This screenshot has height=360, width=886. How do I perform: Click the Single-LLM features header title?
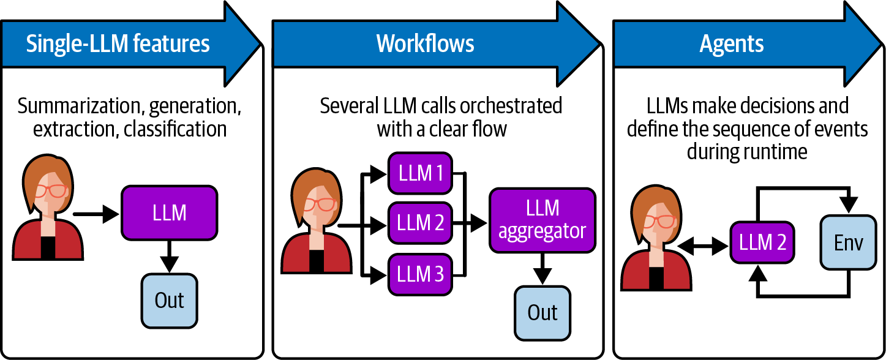pyautogui.click(x=118, y=44)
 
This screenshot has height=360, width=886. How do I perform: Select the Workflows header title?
pyautogui.click(x=425, y=44)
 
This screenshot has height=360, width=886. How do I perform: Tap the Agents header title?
pyautogui.click(x=732, y=44)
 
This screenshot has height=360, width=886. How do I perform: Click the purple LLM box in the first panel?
pyautogui.click(x=170, y=212)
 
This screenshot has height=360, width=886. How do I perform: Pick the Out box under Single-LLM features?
pyautogui.click(x=170, y=301)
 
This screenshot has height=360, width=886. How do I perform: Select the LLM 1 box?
pyautogui.click(x=420, y=173)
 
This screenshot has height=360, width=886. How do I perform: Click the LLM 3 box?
pyautogui.click(x=420, y=275)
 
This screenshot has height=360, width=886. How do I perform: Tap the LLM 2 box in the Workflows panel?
pyautogui.click(x=420, y=223)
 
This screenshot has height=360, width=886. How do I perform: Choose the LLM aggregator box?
pyautogui.click(x=542, y=220)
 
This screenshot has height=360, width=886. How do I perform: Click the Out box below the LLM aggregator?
pyautogui.click(x=542, y=312)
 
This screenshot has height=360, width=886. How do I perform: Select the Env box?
pyautogui.click(x=848, y=243)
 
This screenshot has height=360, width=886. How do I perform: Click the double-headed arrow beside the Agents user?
pyautogui.click(x=704, y=247)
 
